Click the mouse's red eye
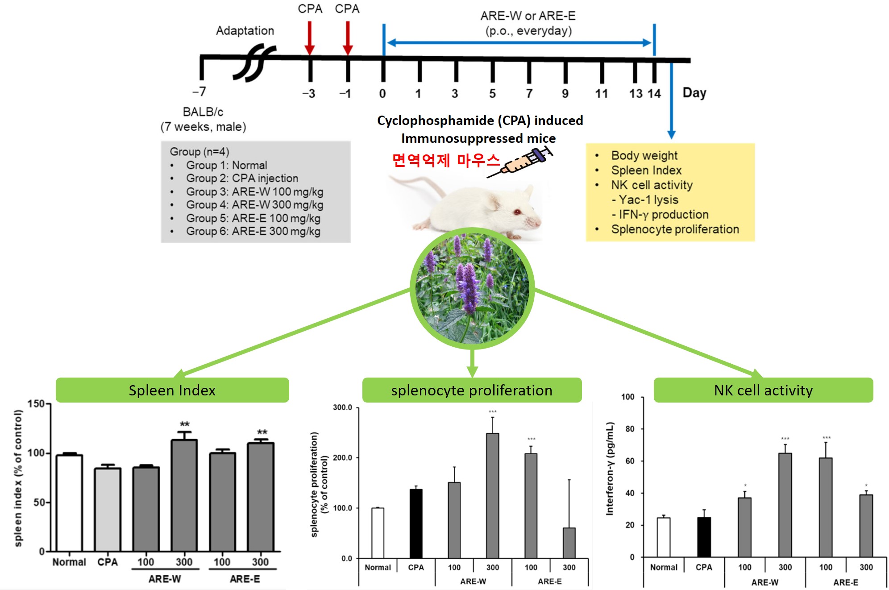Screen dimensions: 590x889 click(x=517, y=212)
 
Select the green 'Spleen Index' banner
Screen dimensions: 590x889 click(x=172, y=390)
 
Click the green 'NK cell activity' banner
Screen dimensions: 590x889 click(x=763, y=390)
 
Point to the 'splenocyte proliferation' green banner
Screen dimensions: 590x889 click(x=472, y=390)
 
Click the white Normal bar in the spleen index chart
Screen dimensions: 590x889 click(x=69, y=503)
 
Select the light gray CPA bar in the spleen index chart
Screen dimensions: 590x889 click(x=108, y=509)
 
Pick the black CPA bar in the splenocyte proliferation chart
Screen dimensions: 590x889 click(x=416, y=524)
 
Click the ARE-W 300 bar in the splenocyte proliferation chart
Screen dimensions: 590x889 click(x=492, y=495)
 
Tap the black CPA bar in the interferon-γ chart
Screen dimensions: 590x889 click(x=704, y=537)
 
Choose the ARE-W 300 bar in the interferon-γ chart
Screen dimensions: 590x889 click(x=785, y=505)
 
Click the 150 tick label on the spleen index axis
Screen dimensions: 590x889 click(x=36, y=404)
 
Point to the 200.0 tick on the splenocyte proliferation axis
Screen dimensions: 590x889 click(x=343, y=457)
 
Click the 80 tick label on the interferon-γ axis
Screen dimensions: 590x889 click(x=630, y=429)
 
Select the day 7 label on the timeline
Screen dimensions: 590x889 click(x=529, y=93)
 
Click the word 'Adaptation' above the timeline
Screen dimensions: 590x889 click(x=245, y=31)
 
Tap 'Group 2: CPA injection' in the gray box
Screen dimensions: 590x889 click(x=242, y=178)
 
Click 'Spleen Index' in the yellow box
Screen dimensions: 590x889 click(x=646, y=170)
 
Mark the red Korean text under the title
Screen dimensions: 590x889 click(x=445, y=160)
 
